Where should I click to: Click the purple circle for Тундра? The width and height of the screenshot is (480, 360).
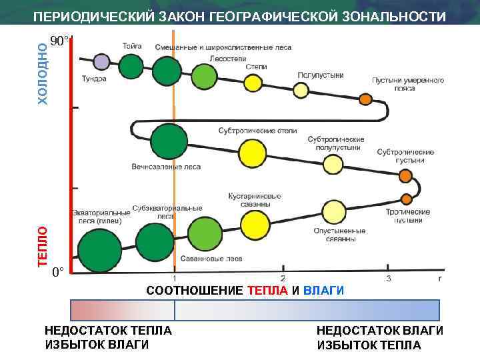pyautogui.click(x=101, y=63)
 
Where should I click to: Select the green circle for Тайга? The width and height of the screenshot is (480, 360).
pyautogui.click(x=131, y=66)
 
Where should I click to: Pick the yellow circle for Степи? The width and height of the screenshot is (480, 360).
pyautogui.click(x=253, y=83)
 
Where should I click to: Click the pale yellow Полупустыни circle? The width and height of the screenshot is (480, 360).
pyautogui.click(x=301, y=90)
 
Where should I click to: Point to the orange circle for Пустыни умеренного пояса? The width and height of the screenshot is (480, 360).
pyautogui.click(x=365, y=99)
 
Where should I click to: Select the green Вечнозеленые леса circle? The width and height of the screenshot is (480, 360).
pyautogui.click(x=169, y=141)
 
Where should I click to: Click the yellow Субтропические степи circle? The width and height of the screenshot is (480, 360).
pyautogui.click(x=252, y=154)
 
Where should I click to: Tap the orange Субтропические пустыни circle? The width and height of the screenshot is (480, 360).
pyautogui.click(x=405, y=176)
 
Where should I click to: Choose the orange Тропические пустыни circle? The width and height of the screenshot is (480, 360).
pyautogui.click(x=406, y=199)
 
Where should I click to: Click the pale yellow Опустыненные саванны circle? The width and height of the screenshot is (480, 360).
pyautogui.click(x=334, y=212)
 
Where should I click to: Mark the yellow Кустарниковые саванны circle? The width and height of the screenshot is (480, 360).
pyautogui.click(x=255, y=225)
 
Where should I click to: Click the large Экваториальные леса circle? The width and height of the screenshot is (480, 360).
pyautogui.click(x=99, y=250)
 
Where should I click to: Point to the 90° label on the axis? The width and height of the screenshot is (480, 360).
pyautogui.click(x=59, y=42)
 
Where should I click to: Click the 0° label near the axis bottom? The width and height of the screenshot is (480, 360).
pyautogui.click(x=58, y=272)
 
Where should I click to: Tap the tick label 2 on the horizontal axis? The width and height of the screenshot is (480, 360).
pyautogui.click(x=283, y=278)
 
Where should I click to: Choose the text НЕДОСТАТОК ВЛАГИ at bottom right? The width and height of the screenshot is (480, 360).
pyautogui.click(x=379, y=331)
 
